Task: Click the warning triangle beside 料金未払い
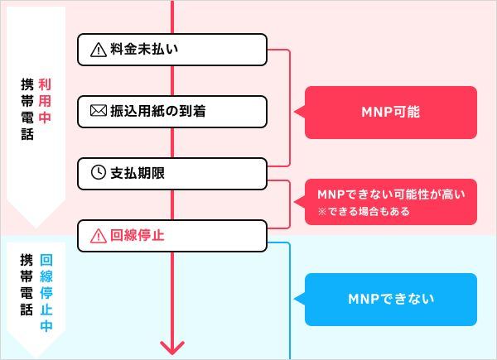tap(99, 50)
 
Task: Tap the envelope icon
tap(99, 111)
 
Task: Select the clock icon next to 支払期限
tap(99, 173)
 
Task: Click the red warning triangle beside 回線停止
tap(99, 236)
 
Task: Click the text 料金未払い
tap(144, 49)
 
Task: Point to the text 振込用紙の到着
tap(158, 111)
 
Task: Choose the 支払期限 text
tap(138, 173)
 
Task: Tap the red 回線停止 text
tap(138, 235)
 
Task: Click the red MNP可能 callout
tap(390, 113)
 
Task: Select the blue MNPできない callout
tap(390, 300)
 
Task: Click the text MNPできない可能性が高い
tap(391, 194)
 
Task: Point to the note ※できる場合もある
tap(364, 211)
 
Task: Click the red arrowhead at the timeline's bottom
tap(172, 348)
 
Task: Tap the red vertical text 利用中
tap(45, 101)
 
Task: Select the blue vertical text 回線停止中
tap(46, 293)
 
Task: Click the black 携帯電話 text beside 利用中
tap(27, 109)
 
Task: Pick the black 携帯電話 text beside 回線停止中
tap(27, 285)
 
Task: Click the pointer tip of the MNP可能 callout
tap(294, 112)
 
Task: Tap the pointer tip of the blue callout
tap(294, 298)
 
